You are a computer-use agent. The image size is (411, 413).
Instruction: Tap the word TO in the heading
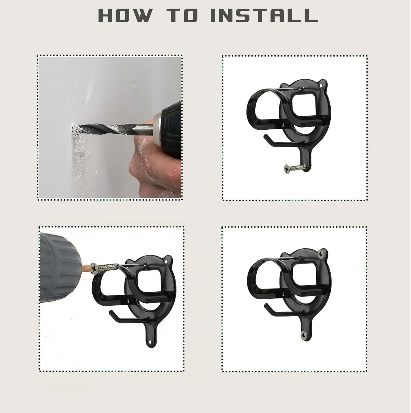(x=182, y=15)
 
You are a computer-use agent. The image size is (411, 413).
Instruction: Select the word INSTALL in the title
(x=264, y=15)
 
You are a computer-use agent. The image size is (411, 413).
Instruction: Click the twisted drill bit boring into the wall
(x=110, y=129)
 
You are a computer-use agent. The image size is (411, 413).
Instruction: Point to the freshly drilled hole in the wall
(x=74, y=128)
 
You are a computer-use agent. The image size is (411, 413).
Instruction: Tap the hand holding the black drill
(x=154, y=165)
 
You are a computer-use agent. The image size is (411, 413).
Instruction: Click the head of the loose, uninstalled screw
(x=287, y=168)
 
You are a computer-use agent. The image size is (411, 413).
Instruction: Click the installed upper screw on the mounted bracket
(x=321, y=254)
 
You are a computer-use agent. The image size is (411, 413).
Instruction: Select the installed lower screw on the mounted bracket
(x=303, y=335)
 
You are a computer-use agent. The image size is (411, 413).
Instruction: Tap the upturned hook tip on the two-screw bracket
(x=265, y=305)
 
